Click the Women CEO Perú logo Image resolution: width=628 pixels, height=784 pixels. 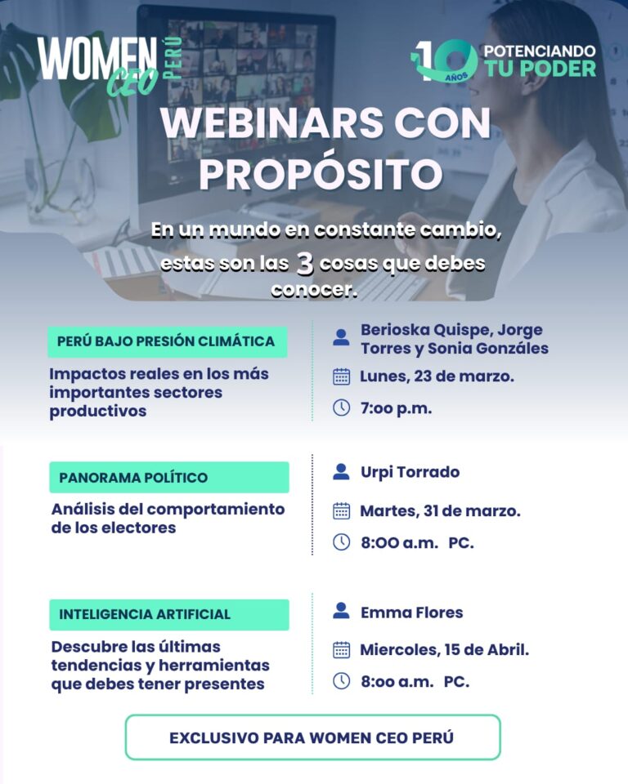click(x=110, y=66)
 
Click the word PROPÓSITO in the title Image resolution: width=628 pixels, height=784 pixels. click(x=321, y=174)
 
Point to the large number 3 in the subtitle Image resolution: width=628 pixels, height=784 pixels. click(x=304, y=265)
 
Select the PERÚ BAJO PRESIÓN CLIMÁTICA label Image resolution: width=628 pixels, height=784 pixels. click(x=168, y=342)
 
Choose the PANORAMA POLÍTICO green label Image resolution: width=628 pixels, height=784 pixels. click(x=169, y=478)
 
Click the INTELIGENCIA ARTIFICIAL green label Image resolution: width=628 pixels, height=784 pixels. click(x=169, y=614)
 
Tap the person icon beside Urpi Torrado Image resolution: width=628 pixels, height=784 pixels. click(x=341, y=472)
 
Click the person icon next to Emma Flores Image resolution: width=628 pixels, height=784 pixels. click(x=341, y=611)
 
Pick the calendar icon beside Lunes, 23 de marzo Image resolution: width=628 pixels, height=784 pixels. click(x=342, y=376)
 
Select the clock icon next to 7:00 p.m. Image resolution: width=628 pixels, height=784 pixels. click(x=342, y=408)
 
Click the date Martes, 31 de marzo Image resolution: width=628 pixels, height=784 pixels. click(x=440, y=511)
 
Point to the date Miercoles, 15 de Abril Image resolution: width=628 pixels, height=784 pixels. click(x=445, y=649)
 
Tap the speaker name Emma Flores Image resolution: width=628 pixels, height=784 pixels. click(x=411, y=612)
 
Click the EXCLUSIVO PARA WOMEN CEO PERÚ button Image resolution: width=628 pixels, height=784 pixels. click(x=313, y=737)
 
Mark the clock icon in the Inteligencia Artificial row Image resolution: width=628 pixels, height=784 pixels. click(x=342, y=681)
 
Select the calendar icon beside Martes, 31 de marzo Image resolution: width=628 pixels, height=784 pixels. click(x=342, y=511)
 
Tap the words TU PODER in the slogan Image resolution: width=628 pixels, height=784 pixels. click(x=541, y=69)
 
